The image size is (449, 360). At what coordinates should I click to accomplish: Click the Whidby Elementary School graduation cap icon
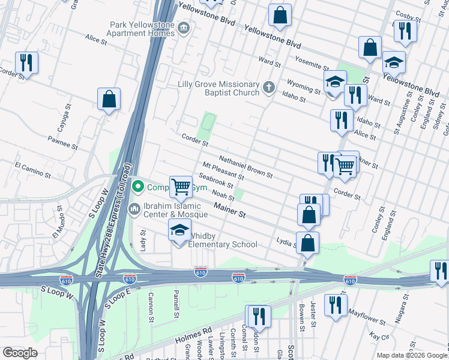point(179,230)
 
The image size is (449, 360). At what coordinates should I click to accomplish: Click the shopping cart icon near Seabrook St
point(181,187)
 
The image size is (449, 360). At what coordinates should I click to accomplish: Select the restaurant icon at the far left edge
point(26,62)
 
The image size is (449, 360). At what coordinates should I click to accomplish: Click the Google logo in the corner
point(20,352)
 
